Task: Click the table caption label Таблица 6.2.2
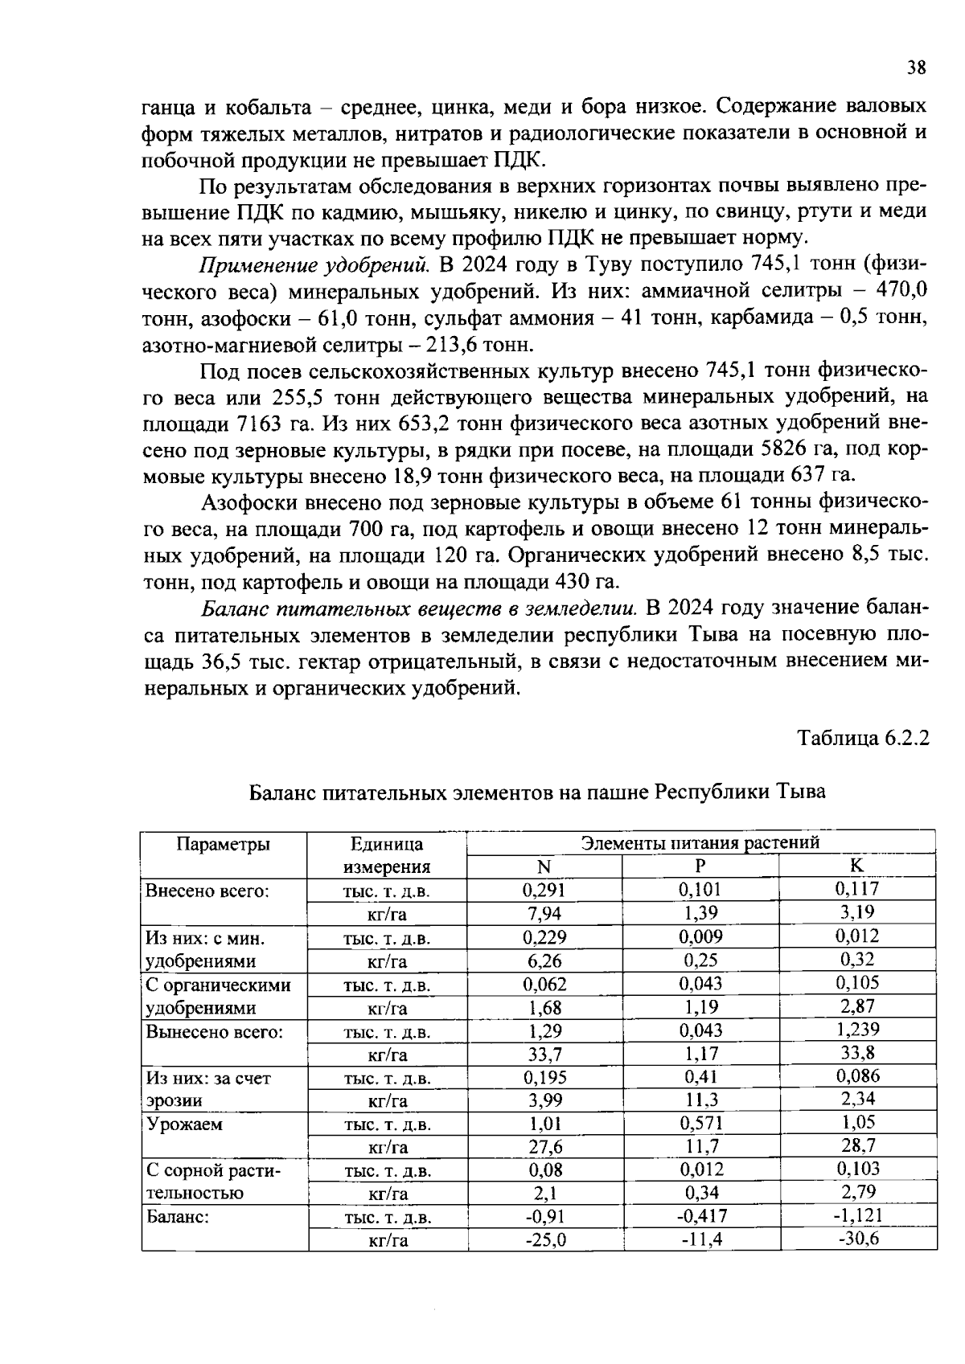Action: [x=863, y=738]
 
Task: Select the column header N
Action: [x=544, y=866]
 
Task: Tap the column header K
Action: [x=857, y=866]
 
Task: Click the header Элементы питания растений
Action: [x=700, y=842]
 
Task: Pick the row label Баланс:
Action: [x=178, y=1217]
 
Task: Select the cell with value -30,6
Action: [x=858, y=1239]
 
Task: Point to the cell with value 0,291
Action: [x=544, y=890]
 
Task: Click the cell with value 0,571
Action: [x=700, y=1123]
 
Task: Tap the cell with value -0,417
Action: [x=701, y=1216]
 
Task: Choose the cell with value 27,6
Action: [x=544, y=1146]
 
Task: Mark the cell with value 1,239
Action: [x=857, y=1030]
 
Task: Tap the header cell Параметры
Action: [x=224, y=844]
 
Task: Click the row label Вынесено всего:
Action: [x=214, y=1031]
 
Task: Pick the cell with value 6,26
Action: [x=544, y=961]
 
